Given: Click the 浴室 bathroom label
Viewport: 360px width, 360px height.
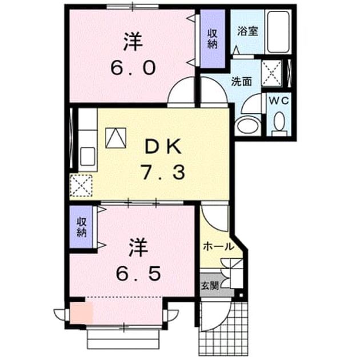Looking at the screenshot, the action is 248,31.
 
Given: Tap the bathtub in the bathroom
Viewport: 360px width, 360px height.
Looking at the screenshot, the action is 278,31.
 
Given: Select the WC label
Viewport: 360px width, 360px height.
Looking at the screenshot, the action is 279,101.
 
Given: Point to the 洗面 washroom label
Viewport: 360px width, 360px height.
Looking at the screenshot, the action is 241,82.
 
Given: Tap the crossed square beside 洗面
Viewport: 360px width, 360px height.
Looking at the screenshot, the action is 271,73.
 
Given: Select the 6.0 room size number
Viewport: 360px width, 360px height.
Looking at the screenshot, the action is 133,68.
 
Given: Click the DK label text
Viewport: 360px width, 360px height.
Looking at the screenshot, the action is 163,147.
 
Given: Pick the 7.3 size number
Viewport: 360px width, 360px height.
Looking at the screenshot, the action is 163,173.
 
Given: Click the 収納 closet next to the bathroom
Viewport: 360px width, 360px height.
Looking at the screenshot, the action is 213,39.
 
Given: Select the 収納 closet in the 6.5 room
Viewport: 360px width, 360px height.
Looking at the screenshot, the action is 81,227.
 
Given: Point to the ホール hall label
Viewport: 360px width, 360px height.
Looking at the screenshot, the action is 218,247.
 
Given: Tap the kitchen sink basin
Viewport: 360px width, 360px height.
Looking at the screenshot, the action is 87,156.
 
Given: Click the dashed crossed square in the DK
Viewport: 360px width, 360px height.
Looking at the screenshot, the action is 81,186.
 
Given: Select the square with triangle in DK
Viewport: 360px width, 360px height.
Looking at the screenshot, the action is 116,138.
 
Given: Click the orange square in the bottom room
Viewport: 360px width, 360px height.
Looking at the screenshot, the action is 81,313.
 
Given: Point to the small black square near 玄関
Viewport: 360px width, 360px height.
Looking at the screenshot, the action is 241,295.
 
